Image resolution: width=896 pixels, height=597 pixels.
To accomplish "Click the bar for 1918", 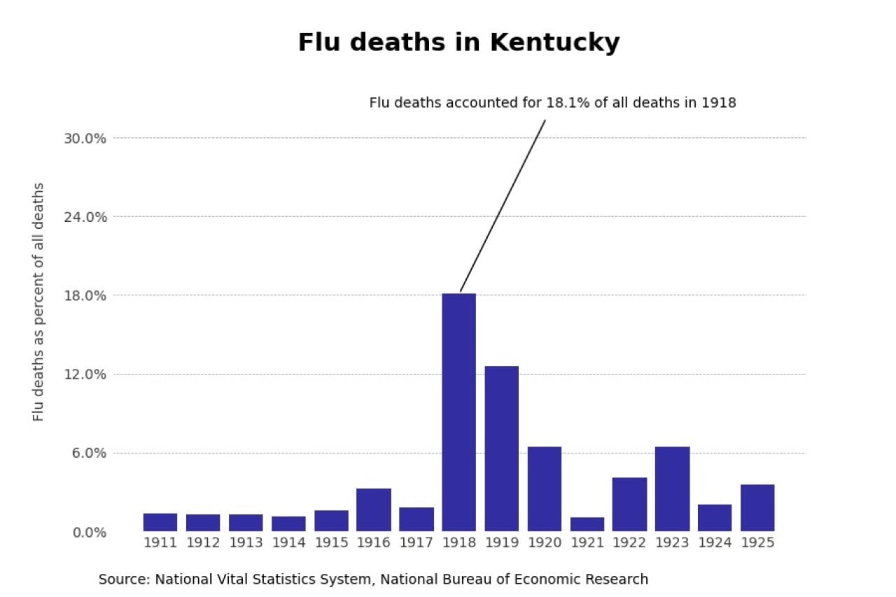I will [458, 412].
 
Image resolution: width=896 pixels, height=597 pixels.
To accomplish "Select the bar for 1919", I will [501, 449].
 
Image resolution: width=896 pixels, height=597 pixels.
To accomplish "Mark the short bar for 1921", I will [587, 524].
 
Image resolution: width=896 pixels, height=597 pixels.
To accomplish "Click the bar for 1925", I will [757, 507].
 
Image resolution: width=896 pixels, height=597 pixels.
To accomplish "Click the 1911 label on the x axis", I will [160, 543].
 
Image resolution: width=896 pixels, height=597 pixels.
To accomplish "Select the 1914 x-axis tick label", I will [288, 543].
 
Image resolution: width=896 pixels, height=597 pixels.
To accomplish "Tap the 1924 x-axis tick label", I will [715, 543].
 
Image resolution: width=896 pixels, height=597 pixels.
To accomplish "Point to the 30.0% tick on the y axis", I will [85, 138].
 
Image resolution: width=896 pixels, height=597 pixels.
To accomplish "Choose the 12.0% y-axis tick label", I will [85, 374].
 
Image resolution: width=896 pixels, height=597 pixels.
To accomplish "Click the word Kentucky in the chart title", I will [554, 43].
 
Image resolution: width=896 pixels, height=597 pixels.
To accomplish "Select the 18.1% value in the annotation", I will [565, 103].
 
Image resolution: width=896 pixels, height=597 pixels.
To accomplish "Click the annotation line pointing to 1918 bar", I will [503, 206].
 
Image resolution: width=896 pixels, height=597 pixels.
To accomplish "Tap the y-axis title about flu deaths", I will [38, 302].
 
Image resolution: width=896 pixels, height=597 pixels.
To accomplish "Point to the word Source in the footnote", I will [123, 580].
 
